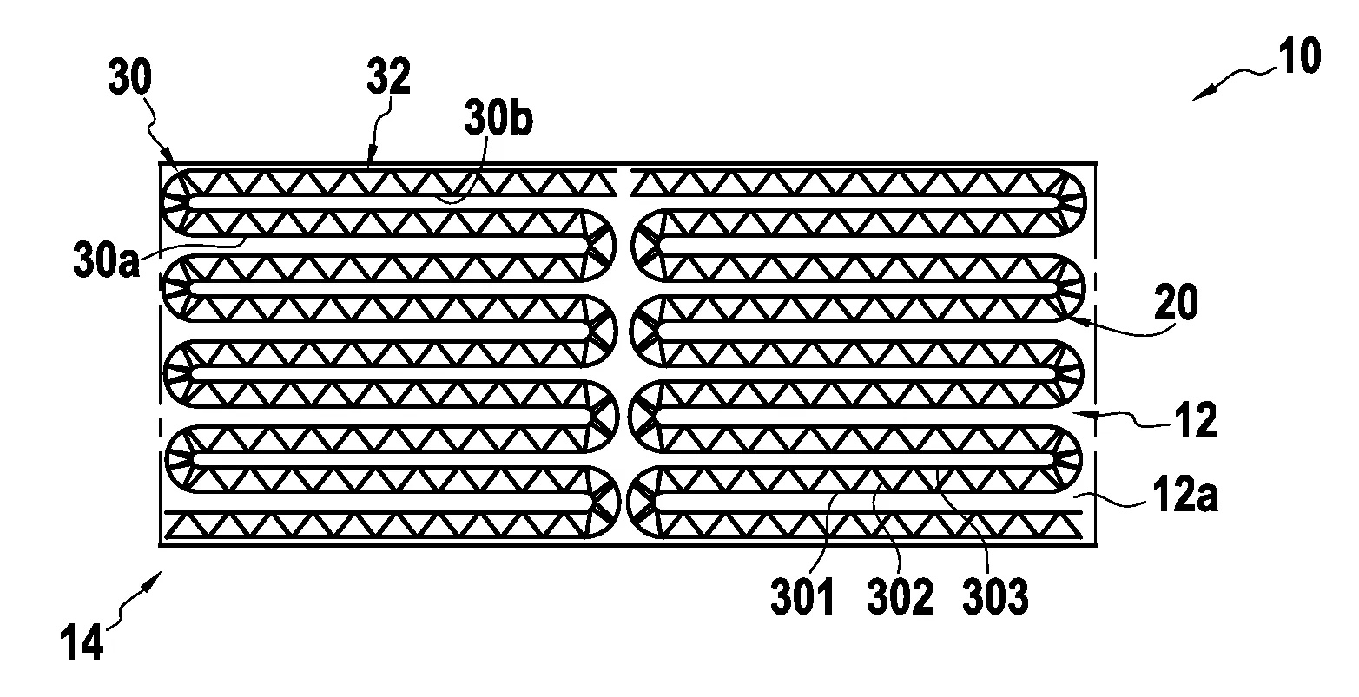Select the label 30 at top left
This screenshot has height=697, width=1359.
tap(130, 77)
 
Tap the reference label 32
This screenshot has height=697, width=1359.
tap(389, 76)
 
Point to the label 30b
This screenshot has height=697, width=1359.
tap(498, 118)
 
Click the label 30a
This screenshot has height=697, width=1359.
tap(107, 260)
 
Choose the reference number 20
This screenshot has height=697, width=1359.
tap(1176, 302)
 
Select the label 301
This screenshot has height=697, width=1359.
tap(802, 596)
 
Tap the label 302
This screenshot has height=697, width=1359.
tap(900, 596)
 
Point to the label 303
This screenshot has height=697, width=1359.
tap(996, 596)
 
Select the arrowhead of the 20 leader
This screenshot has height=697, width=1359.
tap(1071, 319)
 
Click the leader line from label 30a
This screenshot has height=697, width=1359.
tap(193, 247)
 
